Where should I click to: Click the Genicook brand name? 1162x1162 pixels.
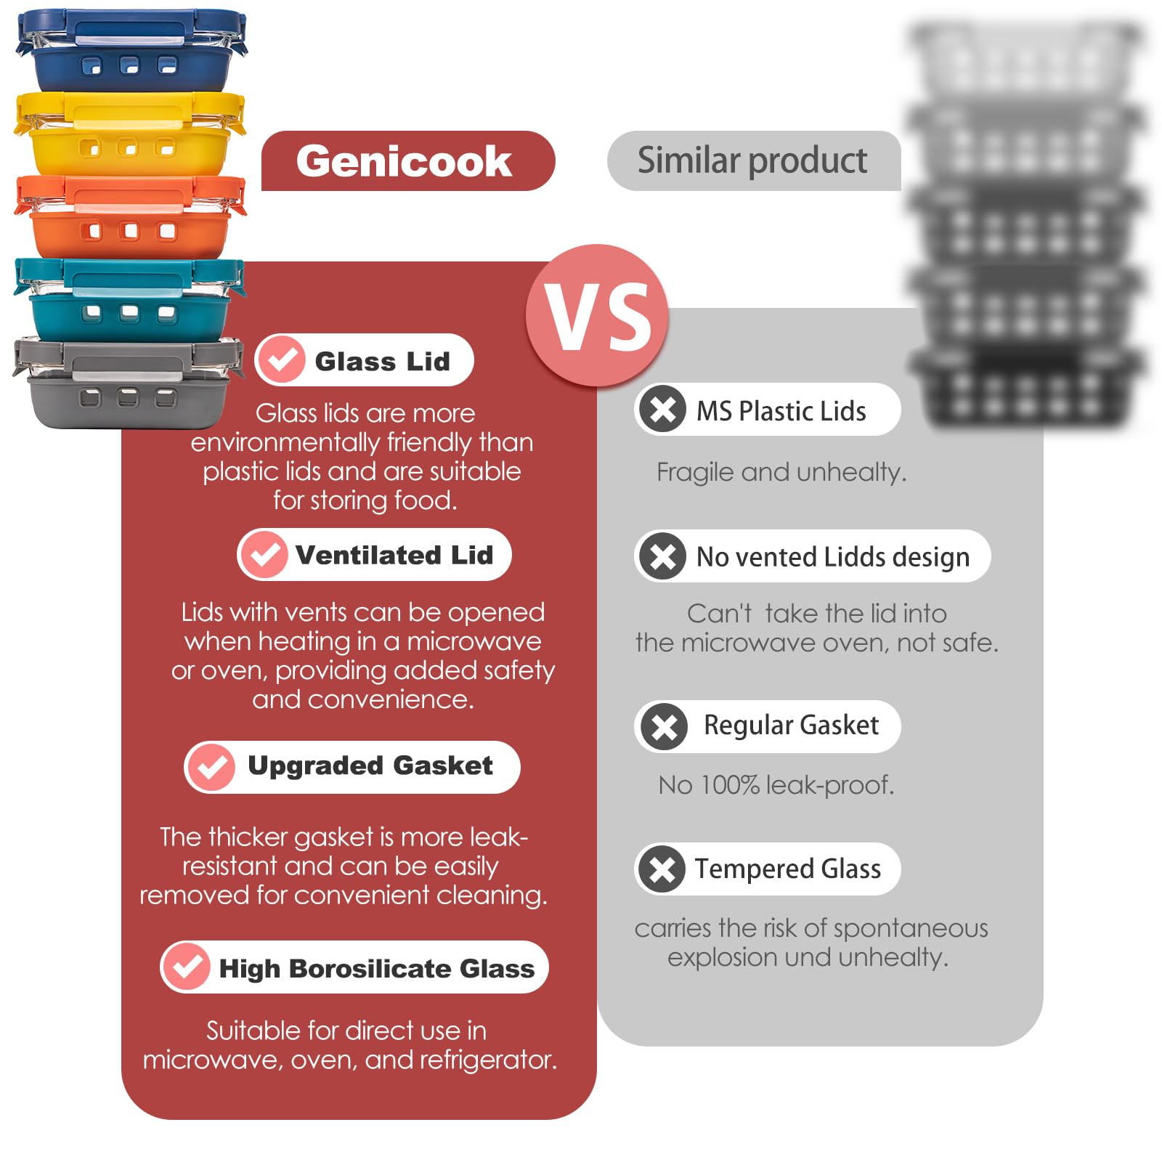point(404,161)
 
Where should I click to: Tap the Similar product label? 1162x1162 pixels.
point(752,160)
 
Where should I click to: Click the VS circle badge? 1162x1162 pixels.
point(598,315)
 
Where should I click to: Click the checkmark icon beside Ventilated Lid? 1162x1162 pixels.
point(264,554)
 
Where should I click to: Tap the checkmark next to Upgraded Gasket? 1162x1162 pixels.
point(211,766)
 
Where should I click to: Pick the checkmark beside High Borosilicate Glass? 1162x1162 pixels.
point(187,967)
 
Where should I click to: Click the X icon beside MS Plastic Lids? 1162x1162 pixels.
point(662,409)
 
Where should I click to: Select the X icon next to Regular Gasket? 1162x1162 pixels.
point(663,726)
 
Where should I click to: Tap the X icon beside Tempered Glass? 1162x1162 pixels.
point(662,869)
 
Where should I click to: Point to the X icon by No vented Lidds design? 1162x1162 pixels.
point(662,556)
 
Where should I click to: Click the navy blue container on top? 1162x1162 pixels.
point(131,51)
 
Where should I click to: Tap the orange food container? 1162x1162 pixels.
point(131,216)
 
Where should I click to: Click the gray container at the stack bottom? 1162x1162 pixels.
point(129,383)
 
